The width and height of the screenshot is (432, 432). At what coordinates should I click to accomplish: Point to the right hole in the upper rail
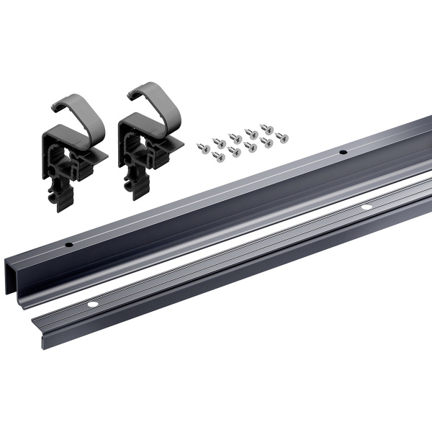tap(342, 153)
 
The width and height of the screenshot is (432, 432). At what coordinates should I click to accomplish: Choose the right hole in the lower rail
tap(366, 207)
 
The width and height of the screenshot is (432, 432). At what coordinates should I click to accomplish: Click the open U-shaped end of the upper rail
tap(22, 270)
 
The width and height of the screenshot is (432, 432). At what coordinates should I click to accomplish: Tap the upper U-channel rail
tap(216, 209)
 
